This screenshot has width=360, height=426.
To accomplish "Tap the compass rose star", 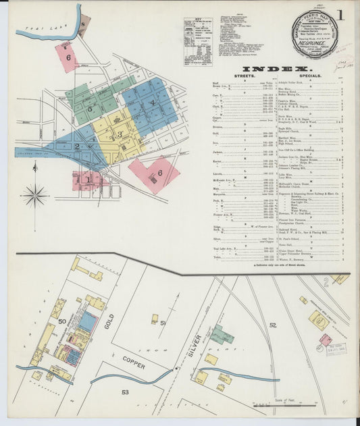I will pyautogui.click(x=34, y=195).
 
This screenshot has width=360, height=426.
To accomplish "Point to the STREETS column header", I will pyautogui.click(x=244, y=77).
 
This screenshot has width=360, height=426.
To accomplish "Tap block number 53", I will pyautogui.click(x=125, y=392).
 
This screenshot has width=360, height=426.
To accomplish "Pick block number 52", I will pyautogui.click(x=273, y=325).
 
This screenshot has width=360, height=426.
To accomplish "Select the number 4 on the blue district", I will pyautogui.click(x=153, y=103).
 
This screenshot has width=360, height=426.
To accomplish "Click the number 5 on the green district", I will pyautogui.click(x=89, y=107).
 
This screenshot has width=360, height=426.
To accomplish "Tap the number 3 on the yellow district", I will pyautogui.click(x=120, y=134).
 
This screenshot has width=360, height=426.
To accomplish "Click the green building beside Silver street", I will pyautogui.click(x=222, y=334).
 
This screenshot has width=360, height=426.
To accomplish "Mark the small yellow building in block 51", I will pyautogui.click(x=155, y=319).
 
